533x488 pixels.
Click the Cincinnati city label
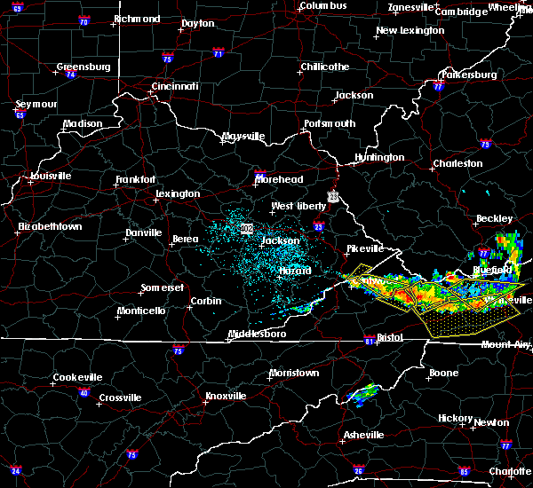(x=174, y=86)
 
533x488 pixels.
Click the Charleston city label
(x=457, y=163)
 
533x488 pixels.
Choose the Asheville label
(x=364, y=435)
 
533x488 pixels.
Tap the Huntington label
(x=379, y=158)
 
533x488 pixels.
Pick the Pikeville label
(x=364, y=249)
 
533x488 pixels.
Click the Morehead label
(x=279, y=179)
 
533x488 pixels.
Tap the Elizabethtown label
(x=51, y=227)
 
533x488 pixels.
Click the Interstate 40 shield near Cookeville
(x=84, y=393)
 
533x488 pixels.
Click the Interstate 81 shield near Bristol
(x=370, y=341)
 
